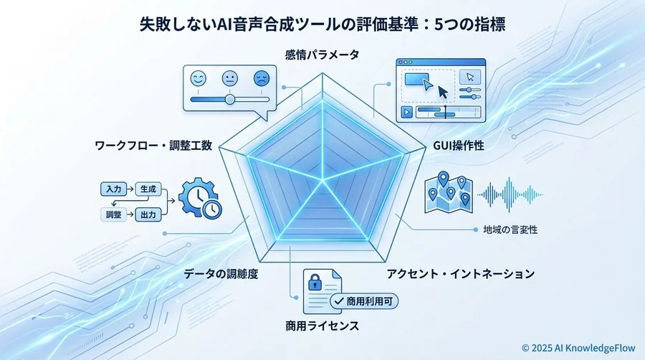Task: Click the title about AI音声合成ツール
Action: pyautogui.click(x=322, y=24)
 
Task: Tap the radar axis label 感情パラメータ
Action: pyautogui.click(x=322, y=55)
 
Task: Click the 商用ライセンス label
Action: pyautogui.click(x=322, y=327)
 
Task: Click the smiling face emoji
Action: pyautogui.click(x=199, y=77)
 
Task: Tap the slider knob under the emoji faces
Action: pyautogui.click(x=229, y=99)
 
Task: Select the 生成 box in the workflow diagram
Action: pyautogui.click(x=148, y=189)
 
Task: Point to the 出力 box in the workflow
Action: pyautogui.click(x=148, y=214)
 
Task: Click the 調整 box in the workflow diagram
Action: pyautogui.click(x=113, y=214)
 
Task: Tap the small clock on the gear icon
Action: pyautogui.click(x=212, y=208)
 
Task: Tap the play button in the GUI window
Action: pyautogui.click(x=406, y=112)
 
